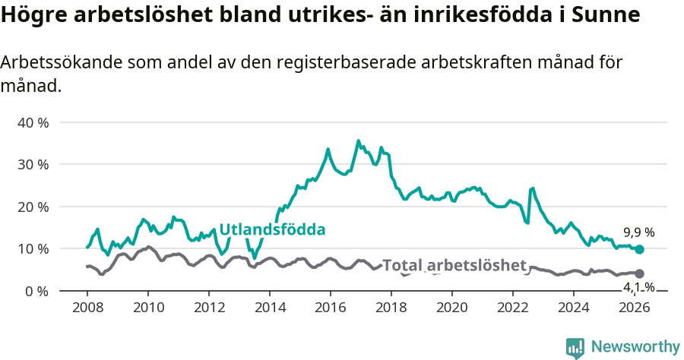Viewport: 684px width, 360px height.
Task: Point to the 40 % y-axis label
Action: click(33, 122)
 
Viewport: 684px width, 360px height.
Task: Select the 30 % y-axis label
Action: click(33, 165)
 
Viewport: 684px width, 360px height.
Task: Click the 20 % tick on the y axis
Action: click(33, 207)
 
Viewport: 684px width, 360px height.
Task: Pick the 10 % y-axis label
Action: click(33, 249)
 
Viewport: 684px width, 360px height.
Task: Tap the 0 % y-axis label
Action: click(36, 291)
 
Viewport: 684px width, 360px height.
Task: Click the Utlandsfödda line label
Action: click(272, 229)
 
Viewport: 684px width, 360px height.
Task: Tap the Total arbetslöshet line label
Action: click(454, 265)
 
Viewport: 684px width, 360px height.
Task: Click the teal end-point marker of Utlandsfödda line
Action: click(639, 249)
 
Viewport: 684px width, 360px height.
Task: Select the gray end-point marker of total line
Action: click(639, 273)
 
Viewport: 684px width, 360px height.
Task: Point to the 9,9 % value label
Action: click(638, 232)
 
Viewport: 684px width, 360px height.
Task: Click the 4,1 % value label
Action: click(638, 287)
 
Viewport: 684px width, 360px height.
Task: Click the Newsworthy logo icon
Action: click(575, 347)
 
